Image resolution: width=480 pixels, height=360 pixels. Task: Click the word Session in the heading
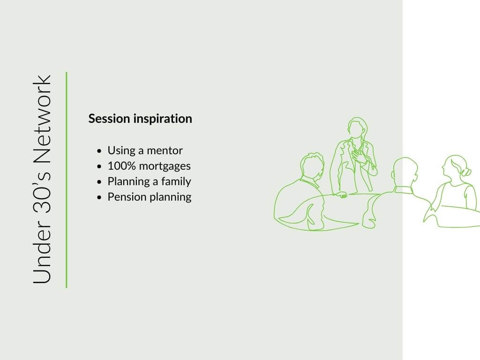(109, 119)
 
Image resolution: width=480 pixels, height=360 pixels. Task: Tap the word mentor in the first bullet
(165, 150)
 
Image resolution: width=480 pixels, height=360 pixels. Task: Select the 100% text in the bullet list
(121, 166)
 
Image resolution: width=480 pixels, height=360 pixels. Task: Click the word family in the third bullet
(176, 182)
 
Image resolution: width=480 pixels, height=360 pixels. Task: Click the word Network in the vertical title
(42, 120)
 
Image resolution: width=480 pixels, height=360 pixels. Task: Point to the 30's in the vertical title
(42, 192)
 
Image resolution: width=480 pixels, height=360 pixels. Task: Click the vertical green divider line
(67, 180)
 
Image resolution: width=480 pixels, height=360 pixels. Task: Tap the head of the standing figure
(357, 128)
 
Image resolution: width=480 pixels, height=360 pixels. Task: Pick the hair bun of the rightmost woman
(466, 172)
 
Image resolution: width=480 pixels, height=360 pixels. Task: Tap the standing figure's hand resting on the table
(342, 195)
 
